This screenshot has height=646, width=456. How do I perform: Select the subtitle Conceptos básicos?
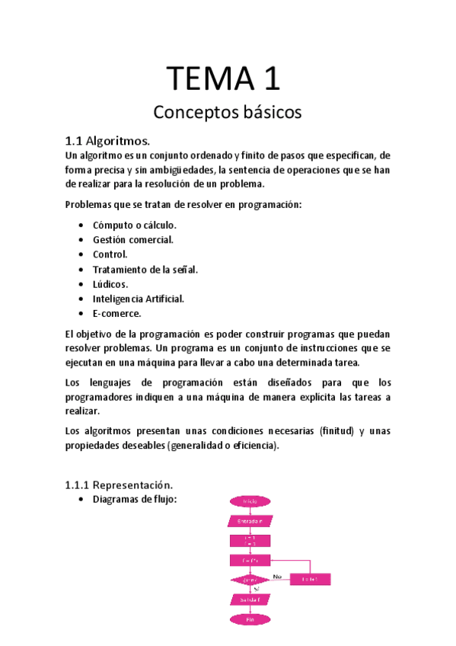228,113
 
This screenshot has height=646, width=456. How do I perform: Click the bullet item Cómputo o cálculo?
134,225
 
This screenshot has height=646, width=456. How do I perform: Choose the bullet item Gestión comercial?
133,239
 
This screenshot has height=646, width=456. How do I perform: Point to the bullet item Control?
110,254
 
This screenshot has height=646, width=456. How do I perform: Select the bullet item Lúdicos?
110,284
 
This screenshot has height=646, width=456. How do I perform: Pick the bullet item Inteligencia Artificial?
139,299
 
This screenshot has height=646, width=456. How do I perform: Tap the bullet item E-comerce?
117,313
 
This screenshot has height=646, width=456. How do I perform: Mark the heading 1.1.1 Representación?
119,484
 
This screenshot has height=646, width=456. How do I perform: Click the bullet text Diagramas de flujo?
135,500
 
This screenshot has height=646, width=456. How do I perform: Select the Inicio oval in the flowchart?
249,501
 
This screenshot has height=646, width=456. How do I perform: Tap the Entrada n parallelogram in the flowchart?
249,521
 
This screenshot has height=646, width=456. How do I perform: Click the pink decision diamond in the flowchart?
249,580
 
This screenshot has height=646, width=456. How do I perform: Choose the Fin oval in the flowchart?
249,619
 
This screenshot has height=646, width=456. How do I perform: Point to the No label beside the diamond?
277,576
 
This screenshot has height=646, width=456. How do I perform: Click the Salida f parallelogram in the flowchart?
249,600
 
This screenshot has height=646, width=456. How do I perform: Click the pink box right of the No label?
310,580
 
